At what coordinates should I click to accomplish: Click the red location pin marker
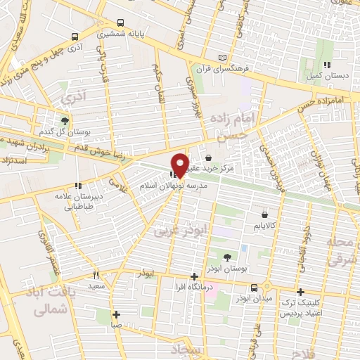click(x=181, y=165)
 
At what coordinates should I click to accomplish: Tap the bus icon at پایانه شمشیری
click(x=120, y=22)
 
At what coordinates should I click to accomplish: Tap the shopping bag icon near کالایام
click(x=264, y=215)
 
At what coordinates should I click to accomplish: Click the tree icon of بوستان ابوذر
click(x=227, y=257)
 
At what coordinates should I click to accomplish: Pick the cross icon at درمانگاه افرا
click(x=194, y=277)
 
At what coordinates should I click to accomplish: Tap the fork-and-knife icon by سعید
click(x=97, y=276)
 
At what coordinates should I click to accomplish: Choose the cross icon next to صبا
click(x=117, y=314)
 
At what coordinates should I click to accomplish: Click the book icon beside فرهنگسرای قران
click(x=224, y=57)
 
